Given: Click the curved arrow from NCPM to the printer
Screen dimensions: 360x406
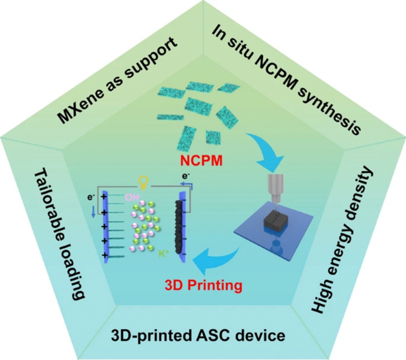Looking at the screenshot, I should click(244, 142).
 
